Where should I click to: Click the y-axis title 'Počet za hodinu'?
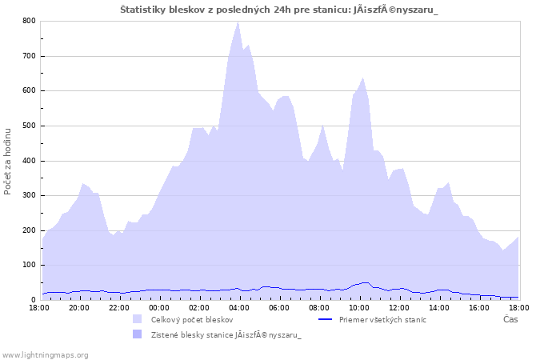point(9,160)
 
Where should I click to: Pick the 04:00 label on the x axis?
point(239,307)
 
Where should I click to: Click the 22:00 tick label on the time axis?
point(119,307)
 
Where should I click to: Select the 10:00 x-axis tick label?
point(359,307)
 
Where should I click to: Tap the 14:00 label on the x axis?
point(439,307)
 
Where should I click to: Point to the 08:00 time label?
point(319,307)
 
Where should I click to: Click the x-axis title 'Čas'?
point(510,319)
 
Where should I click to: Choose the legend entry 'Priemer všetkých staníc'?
point(382,319)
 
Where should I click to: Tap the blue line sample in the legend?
point(325,319)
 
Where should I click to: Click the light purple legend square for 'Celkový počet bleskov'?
point(138,319)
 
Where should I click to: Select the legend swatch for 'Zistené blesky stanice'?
point(138,334)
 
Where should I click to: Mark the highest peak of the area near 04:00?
point(238,22)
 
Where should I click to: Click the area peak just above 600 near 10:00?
point(363,78)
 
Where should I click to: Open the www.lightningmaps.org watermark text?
point(45,354)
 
